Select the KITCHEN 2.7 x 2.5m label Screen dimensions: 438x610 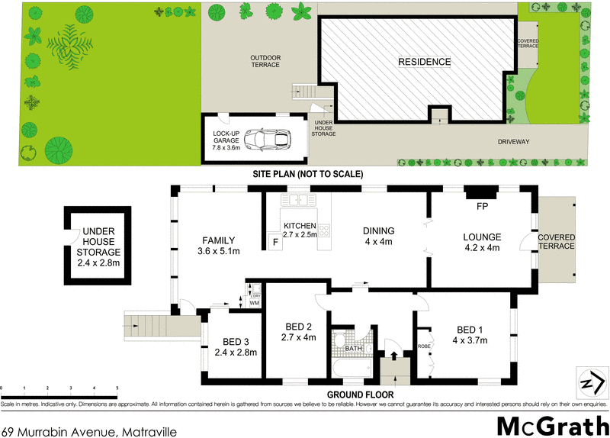299,230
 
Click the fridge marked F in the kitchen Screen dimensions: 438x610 275,243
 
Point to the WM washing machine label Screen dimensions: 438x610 255,303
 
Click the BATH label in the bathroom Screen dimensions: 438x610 353,348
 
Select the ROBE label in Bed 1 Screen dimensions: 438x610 423,346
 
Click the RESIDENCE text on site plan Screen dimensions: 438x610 424,62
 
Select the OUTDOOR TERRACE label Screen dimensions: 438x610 266,61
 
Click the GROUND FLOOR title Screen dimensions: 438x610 360,395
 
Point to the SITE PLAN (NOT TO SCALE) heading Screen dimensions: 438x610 308,174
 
